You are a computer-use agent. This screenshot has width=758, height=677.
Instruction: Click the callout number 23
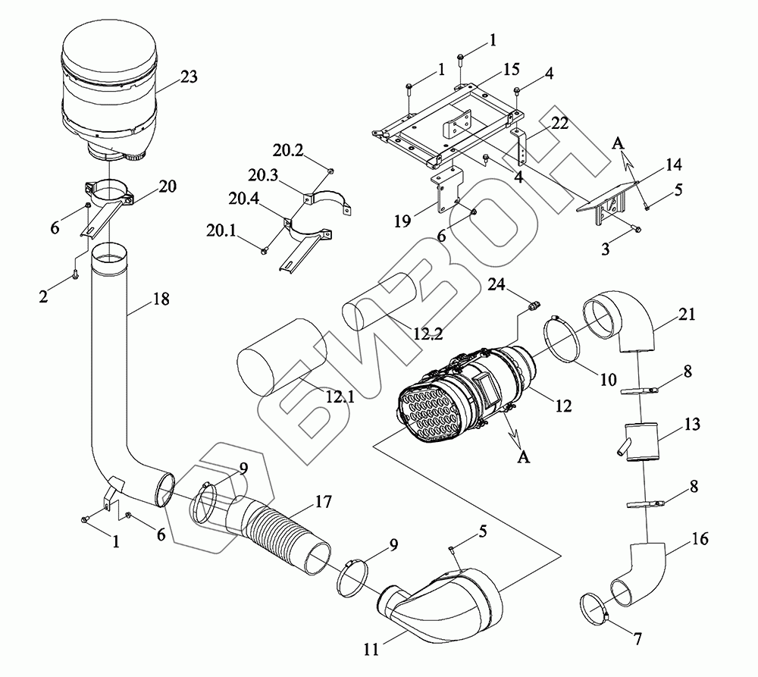[x=188, y=76]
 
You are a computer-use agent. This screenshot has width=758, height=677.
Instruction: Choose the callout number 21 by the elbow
[x=688, y=314]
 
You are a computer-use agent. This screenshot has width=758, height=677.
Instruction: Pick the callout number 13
[x=691, y=425]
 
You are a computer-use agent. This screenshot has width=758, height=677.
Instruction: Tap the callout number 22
[x=560, y=124]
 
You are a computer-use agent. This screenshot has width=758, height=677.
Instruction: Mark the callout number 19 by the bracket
[x=403, y=221]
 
